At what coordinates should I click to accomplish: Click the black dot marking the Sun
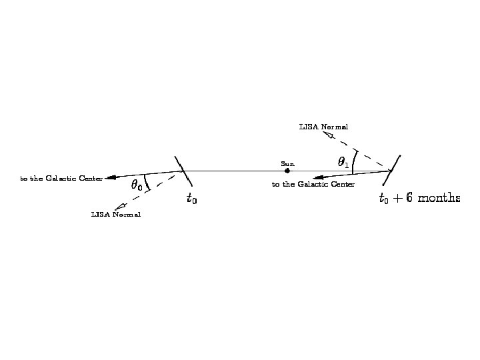[287, 171]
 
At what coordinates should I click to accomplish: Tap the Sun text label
[287, 163]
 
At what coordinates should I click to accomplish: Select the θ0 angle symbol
[136, 185]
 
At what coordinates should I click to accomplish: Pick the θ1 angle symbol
[343, 161]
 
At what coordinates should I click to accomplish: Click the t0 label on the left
[191, 198]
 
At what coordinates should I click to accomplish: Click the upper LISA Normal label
[323, 126]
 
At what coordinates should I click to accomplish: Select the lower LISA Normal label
[116, 215]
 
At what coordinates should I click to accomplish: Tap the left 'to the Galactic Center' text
[61, 179]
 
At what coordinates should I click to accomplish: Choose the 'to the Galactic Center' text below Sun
[313, 184]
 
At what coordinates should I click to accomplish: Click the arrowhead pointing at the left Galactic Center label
[111, 177]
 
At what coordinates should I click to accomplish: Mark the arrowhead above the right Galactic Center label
[319, 177]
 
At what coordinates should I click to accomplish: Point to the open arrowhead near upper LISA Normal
[328, 135]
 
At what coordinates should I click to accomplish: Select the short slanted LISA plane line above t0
[183, 171]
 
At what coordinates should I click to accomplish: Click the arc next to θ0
[147, 182]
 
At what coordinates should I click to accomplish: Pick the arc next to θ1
[354, 162]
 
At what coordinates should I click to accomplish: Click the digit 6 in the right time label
[409, 197]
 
